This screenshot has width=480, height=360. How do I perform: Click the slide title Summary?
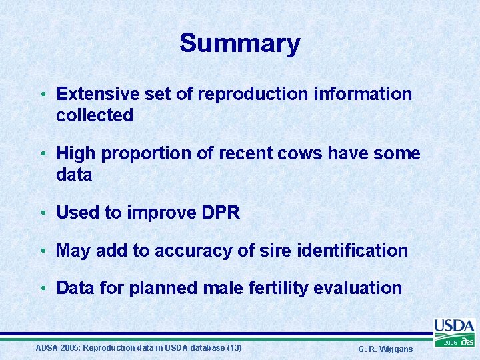239,44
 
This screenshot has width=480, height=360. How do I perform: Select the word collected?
95,115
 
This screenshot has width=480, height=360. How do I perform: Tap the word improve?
155,213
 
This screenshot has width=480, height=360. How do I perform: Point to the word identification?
351,251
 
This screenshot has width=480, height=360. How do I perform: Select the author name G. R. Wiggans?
385,349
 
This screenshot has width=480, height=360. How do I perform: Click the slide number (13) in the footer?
234,348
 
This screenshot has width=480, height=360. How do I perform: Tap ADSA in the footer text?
46,348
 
